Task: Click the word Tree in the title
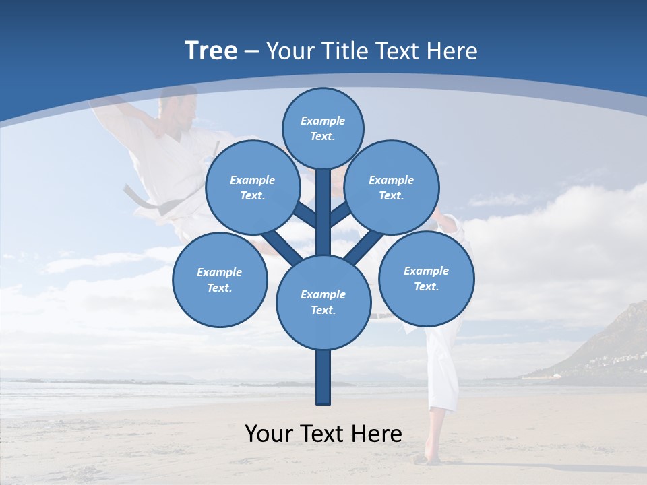pos(211,51)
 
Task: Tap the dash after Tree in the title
pos(252,52)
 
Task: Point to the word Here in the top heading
pos(452,51)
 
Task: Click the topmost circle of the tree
pos(323,128)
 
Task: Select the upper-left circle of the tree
pos(253,187)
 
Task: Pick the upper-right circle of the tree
pos(392,187)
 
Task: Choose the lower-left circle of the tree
pos(220,280)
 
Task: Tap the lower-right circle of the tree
pos(426,278)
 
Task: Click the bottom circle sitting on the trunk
pos(323,302)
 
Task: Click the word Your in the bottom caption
pos(268,434)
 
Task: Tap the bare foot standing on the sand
pos(428,459)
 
